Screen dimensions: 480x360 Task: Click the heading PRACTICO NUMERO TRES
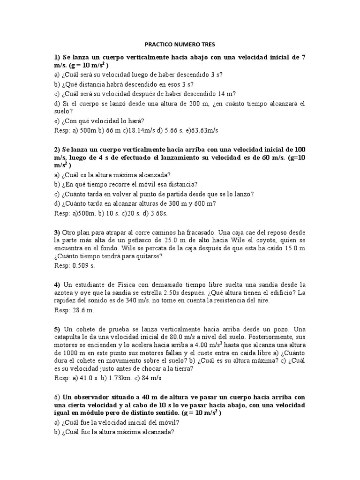tap(180, 45)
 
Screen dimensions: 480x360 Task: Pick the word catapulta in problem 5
tap(70, 337)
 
